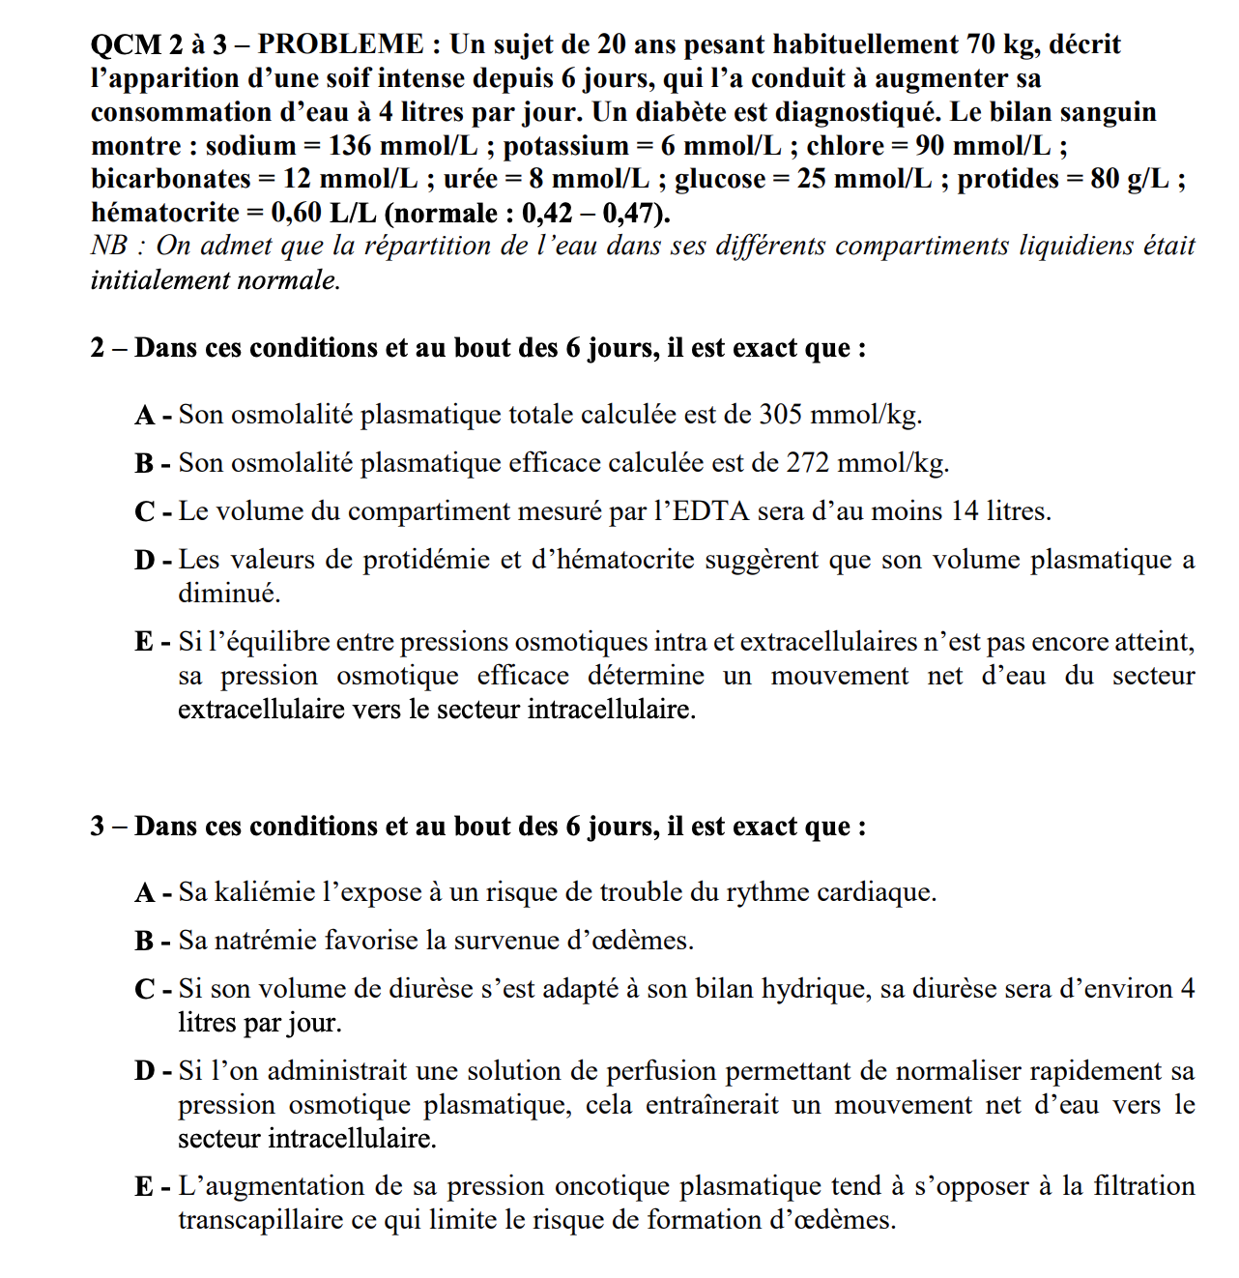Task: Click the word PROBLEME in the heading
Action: pyautogui.click(x=340, y=44)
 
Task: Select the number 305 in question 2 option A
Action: pyautogui.click(x=781, y=415)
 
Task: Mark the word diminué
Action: pyautogui.click(x=228, y=594)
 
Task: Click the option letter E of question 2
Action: pyautogui.click(x=144, y=642)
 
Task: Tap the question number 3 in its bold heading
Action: pyautogui.click(x=98, y=827)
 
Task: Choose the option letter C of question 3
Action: pyautogui.click(x=145, y=989)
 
